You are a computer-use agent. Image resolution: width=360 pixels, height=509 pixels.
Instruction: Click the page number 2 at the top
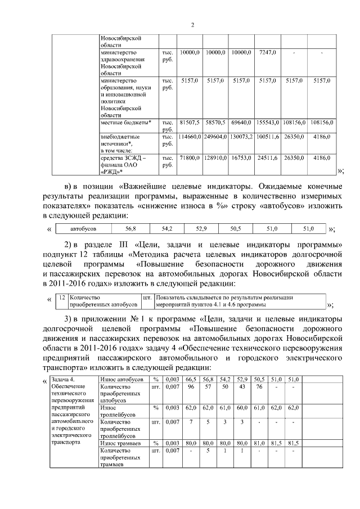click(192, 25)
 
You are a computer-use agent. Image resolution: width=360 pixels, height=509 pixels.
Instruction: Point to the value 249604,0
click(215, 136)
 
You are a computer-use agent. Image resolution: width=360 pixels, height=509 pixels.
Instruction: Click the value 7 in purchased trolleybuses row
click(191, 422)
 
